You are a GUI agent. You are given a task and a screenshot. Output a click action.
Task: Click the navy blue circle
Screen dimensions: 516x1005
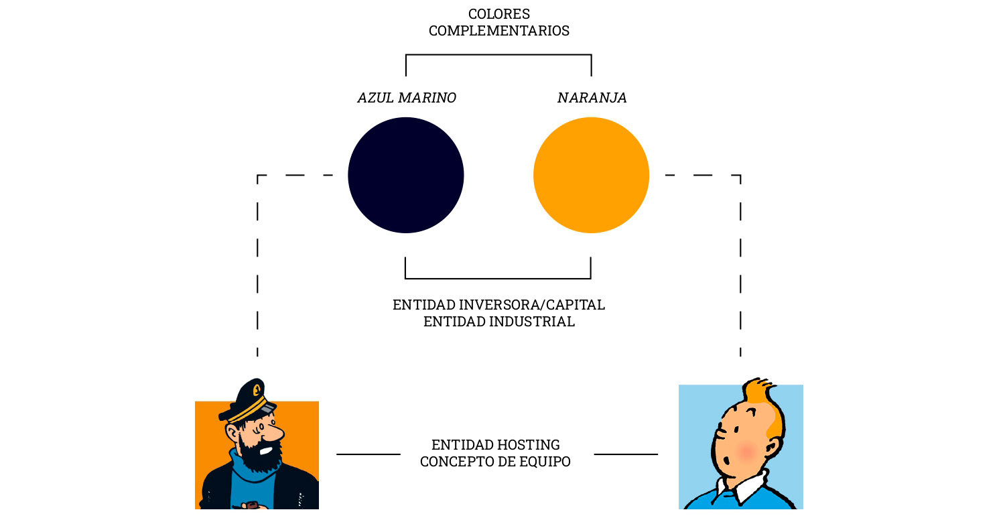(x=405, y=175)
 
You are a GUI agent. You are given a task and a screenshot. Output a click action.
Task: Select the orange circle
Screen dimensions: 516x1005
(x=591, y=175)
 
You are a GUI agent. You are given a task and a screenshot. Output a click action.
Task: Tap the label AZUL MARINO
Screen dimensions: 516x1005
(x=407, y=98)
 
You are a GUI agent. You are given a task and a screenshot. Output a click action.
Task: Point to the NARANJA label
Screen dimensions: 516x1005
(x=592, y=98)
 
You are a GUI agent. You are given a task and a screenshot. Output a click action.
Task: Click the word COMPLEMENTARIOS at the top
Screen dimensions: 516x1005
(x=499, y=31)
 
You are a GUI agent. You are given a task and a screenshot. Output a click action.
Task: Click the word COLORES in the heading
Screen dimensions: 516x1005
(x=499, y=13)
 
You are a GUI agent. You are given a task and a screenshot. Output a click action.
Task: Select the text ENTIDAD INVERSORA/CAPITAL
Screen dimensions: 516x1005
(x=498, y=305)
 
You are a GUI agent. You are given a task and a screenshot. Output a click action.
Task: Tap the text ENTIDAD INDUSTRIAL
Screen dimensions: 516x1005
(x=498, y=322)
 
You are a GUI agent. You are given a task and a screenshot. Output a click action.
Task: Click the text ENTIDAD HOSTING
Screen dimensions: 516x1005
(x=495, y=445)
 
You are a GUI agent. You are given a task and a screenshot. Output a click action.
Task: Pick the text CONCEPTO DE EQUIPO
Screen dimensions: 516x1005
(x=495, y=462)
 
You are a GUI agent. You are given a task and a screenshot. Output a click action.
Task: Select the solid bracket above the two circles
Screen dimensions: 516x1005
(x=498, y=55)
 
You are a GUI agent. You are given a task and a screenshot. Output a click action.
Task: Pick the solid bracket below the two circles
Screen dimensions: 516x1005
(x=498, y=278)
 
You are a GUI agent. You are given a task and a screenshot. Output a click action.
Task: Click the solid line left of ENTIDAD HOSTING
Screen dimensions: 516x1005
(x=368, y=454)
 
